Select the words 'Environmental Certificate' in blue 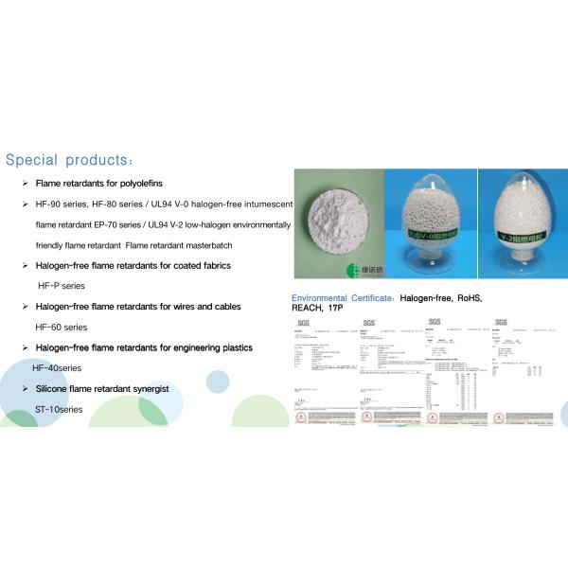click(342, 297)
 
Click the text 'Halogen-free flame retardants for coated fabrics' click(133, 265)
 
